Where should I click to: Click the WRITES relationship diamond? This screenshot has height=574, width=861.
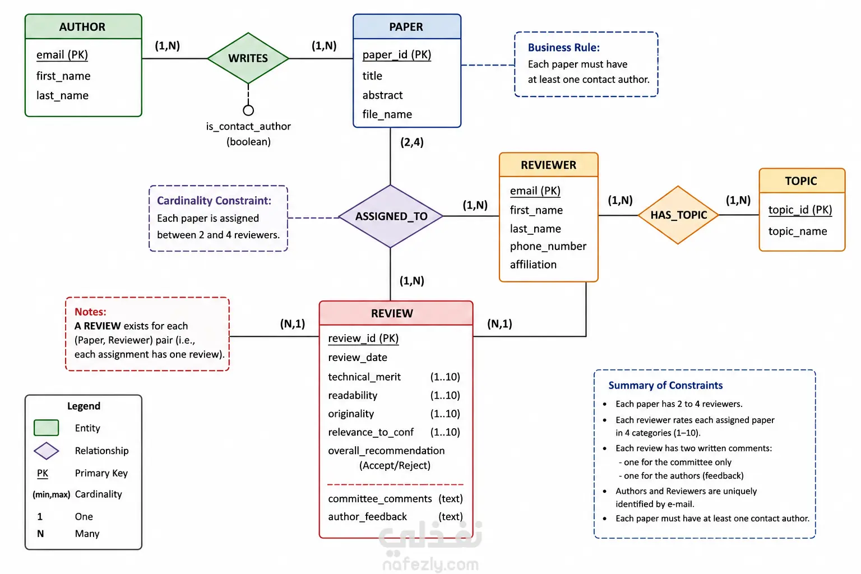point(248,58)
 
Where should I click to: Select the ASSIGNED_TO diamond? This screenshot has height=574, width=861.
point(391,216)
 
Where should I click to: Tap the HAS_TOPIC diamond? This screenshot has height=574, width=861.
point(678,215)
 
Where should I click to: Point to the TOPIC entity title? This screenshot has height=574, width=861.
point(801,180)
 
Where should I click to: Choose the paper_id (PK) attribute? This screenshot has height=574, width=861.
point(397,54)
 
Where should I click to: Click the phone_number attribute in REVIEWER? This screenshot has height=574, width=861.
point(548,246)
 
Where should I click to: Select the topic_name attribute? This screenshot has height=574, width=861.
point(798,231)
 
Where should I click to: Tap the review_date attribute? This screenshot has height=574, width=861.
point(358,357)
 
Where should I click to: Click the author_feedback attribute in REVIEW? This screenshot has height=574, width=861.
point(368,516)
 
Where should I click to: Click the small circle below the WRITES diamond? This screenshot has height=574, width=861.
point(248,110)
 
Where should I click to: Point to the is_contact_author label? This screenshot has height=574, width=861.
point(248,126)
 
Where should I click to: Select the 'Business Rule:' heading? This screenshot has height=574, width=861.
point(563,47)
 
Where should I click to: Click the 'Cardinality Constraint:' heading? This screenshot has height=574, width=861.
point(214,200)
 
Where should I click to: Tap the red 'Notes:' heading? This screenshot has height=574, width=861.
point(90,312)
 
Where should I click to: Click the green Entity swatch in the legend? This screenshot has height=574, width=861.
point(46,428)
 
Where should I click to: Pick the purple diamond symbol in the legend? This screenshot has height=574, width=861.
point(46,451)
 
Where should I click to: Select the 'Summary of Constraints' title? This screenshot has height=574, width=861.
point(665,385)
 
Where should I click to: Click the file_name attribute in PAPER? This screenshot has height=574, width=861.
point(387,114)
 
